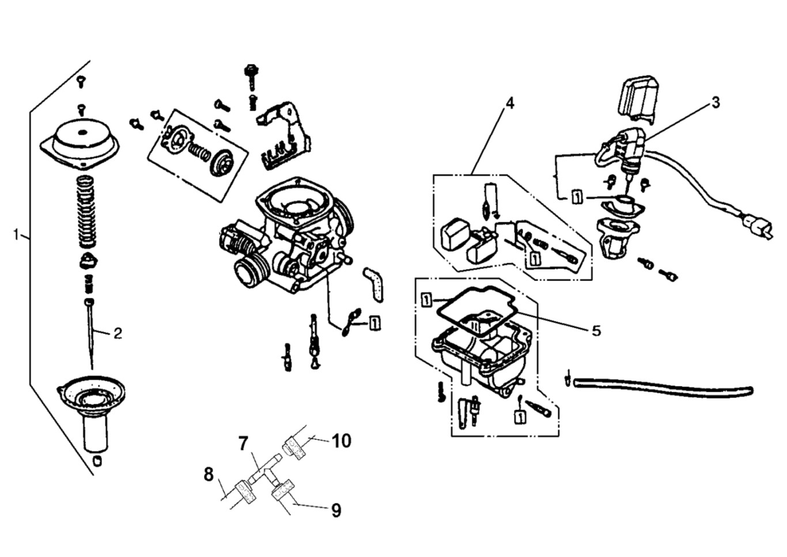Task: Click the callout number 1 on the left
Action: (17, 234)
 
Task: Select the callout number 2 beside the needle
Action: (118, 333)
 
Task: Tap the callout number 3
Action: (715, 103)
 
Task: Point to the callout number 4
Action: (509, 103)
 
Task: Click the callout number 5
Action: (596, 330)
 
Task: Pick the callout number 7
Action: (243, 443)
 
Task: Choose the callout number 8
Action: (209, 475)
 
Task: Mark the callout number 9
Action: (336, 510)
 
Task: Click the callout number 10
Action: (341, 441)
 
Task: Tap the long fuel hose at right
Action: (663, 385)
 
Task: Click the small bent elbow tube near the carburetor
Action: (374, 283)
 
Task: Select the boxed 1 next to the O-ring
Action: (374, 323)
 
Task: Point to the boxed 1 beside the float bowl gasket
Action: (426, 300)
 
